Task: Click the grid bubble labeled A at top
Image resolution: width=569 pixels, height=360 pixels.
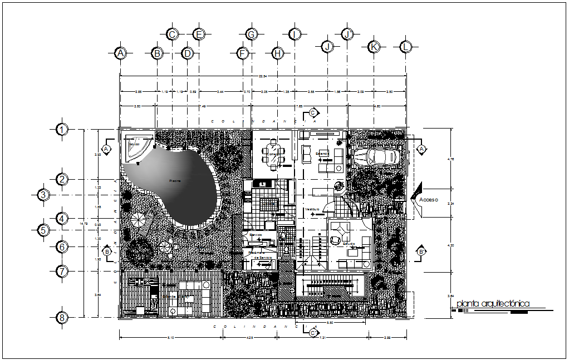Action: [120, 53]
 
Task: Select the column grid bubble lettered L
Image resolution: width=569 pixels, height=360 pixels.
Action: [406, 47]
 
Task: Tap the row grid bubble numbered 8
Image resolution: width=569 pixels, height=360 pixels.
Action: [62, 318]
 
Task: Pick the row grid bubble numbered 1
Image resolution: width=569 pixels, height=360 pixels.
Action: [62, 130]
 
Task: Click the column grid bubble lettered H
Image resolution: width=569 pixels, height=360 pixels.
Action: [277, 53]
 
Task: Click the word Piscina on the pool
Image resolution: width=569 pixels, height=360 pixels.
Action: [175, 180]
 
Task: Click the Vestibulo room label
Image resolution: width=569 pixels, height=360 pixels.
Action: [312, 209]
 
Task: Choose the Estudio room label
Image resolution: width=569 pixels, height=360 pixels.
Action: [349, 244]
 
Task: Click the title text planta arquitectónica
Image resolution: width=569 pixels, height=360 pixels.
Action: [492, 304]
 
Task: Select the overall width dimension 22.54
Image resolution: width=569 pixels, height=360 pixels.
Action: [262, 76]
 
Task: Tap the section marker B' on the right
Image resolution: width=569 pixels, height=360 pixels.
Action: [421, 252]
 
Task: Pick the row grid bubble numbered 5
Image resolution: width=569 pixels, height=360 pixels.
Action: [43, 229]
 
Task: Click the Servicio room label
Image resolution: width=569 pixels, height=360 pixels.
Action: [256, 235]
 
